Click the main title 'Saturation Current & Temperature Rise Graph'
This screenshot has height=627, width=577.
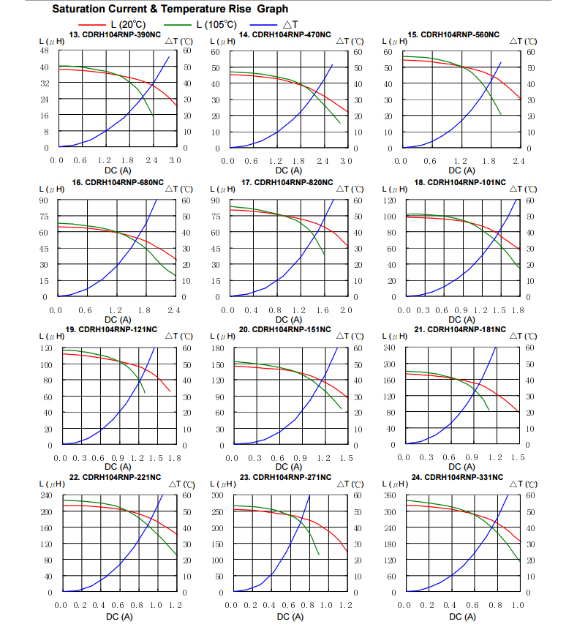[x=170, y=9]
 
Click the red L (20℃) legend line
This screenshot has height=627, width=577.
[x=92, y=25]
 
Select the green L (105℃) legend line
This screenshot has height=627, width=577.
[x=178, y=25]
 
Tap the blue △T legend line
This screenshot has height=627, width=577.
[x=263, y=25]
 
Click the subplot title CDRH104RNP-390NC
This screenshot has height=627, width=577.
[x=115, y=35]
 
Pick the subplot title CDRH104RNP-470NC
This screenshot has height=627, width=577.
[x=285, y=35]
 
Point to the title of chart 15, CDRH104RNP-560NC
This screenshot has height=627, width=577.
[x=453, y=35]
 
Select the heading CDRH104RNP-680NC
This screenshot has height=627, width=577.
[x=118, y=182]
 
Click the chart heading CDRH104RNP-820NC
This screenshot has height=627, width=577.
[x=287, y=182]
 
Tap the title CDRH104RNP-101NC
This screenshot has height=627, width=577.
[x=460, y=182]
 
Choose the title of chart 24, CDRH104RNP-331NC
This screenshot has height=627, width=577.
[x=458, y=477]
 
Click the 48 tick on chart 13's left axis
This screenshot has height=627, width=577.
[x=44, y=50]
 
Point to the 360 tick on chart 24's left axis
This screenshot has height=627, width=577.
[x=390, y=495]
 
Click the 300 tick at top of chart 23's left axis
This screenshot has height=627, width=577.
[x=217, y=495]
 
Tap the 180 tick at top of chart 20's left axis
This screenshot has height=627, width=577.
[x=218, y=348]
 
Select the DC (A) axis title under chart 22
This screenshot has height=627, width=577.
[x=119, y=617]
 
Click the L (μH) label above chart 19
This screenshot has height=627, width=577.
[x=51, y=336]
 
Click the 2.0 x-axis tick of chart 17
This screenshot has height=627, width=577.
[x=346, y=310]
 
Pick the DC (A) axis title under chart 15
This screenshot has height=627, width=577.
[x=462, y=170]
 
